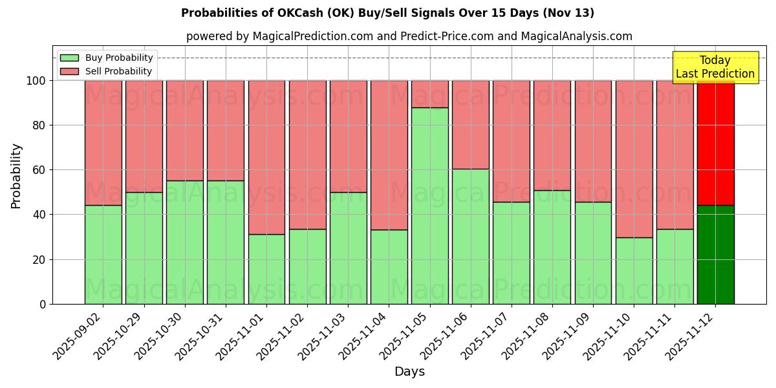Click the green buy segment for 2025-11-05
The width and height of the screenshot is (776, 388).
pos(430,206)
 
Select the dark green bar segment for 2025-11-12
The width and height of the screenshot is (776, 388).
pos(716,255)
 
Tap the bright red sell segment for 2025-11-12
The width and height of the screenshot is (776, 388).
pos(716,143)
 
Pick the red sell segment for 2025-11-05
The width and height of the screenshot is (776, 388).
pos(430,94)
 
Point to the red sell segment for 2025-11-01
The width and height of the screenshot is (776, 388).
pos(266,157)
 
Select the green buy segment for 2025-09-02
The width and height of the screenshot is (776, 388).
pos(103,255)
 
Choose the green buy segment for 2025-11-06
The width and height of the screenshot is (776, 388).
pos(471,237)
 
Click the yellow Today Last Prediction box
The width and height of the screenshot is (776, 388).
pos(715,67)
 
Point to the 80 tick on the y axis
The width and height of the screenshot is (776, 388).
pos(39,125)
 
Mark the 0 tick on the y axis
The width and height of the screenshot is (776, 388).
pos(43,304)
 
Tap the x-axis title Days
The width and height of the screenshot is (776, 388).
pos(409,372)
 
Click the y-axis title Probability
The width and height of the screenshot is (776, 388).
pos(16,176)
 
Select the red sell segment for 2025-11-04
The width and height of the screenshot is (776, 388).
pos(389,155)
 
